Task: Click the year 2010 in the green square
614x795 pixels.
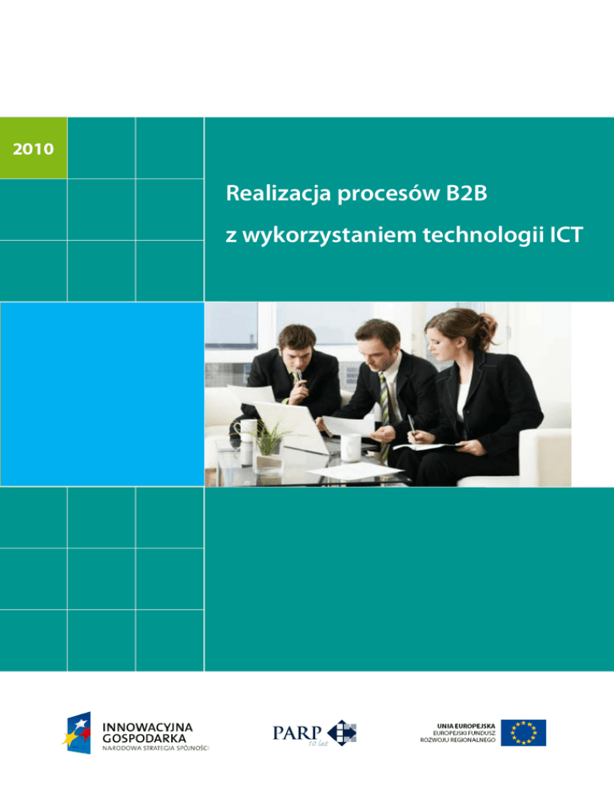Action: pyautogui.click(x=33, y=149)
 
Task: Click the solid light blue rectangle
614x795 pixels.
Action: pyautogui.click(x=102, y=394)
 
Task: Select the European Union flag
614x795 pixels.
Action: pyautogui.click(x=523, y=733)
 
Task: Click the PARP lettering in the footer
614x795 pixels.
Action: pyautogui.click(x=297, y=732)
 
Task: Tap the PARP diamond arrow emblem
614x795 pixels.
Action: pyautogui.click(x=342, y=733)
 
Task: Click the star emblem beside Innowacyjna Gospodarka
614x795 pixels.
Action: pyautogui.click(x=78, y=733)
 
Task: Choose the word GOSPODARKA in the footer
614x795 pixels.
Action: pyautogui.click(x=144, y=739)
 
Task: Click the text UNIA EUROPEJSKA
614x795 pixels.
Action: pyautogui.click(x=466, y=726)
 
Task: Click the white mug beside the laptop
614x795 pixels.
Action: pyautogui.click(x=350, y=448)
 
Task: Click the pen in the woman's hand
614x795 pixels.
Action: pyautogui.click(x=412, y=425)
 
